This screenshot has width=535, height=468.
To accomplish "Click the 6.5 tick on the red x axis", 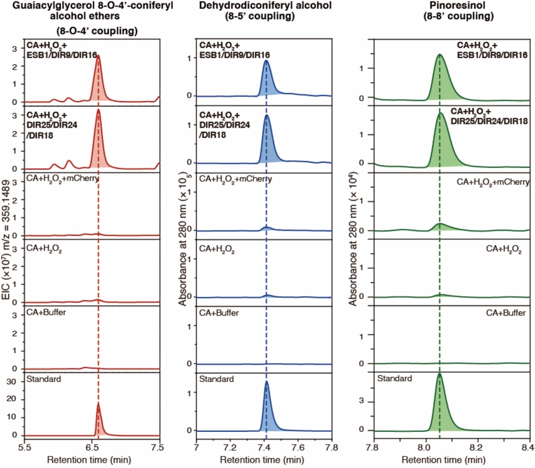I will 92,443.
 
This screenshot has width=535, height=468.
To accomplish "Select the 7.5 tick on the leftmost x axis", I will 158,443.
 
